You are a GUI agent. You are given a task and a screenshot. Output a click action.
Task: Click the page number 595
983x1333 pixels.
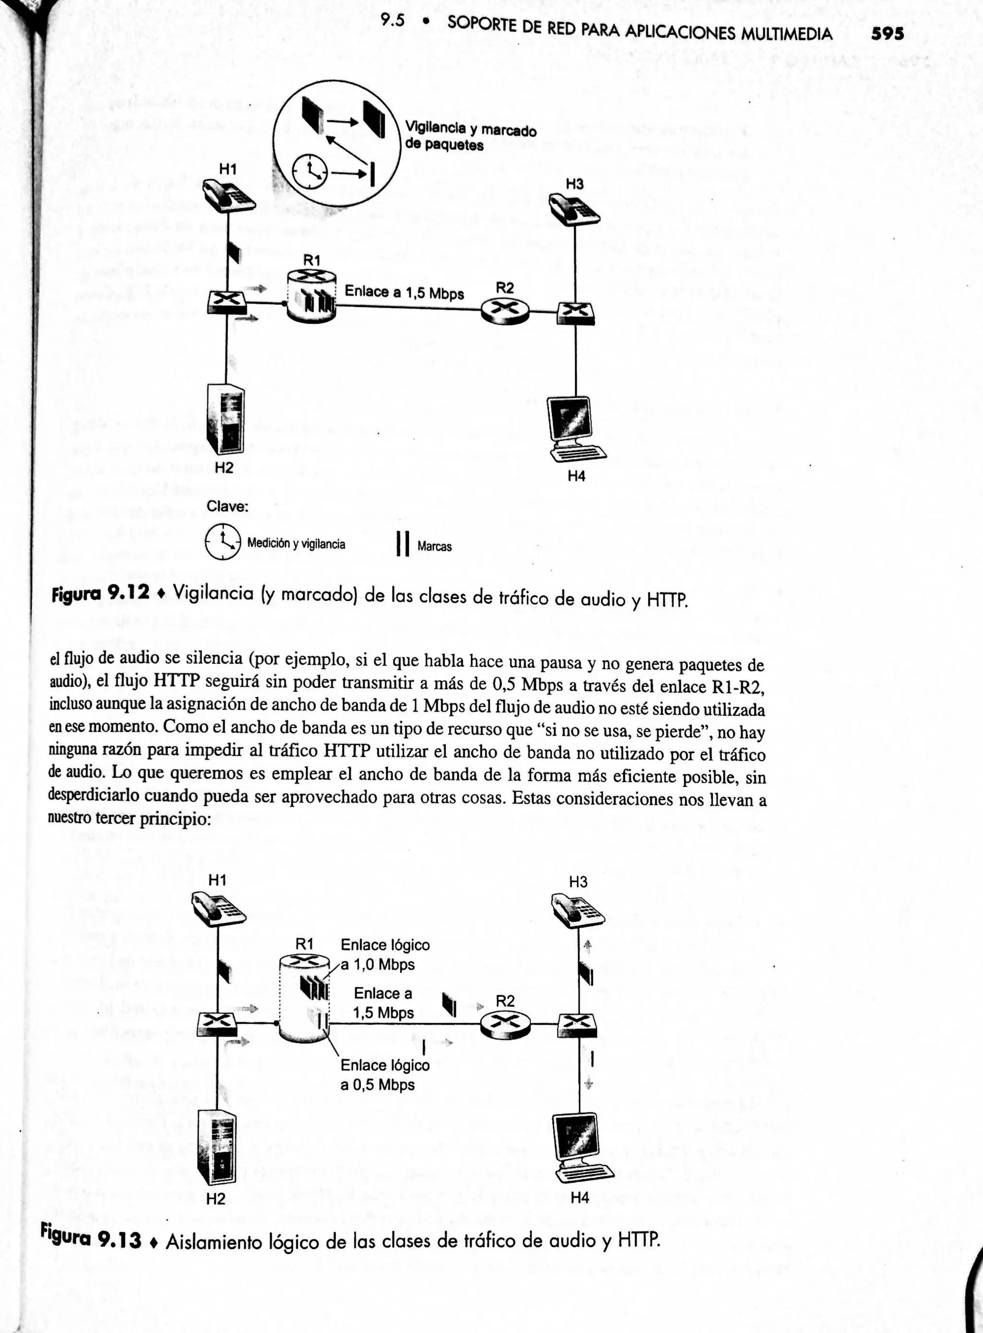(887, 34)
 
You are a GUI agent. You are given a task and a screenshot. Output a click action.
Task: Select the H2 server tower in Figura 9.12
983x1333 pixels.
(226, 420)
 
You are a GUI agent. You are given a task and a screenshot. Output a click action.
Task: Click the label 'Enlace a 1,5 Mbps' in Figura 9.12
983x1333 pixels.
(404, 292)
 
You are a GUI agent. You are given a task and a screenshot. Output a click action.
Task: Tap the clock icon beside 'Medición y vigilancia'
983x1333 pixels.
(223, 542)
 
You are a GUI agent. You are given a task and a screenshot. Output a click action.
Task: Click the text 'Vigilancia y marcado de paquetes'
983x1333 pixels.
(469, 137)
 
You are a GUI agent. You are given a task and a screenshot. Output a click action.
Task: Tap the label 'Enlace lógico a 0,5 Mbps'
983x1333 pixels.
(384, 1074)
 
